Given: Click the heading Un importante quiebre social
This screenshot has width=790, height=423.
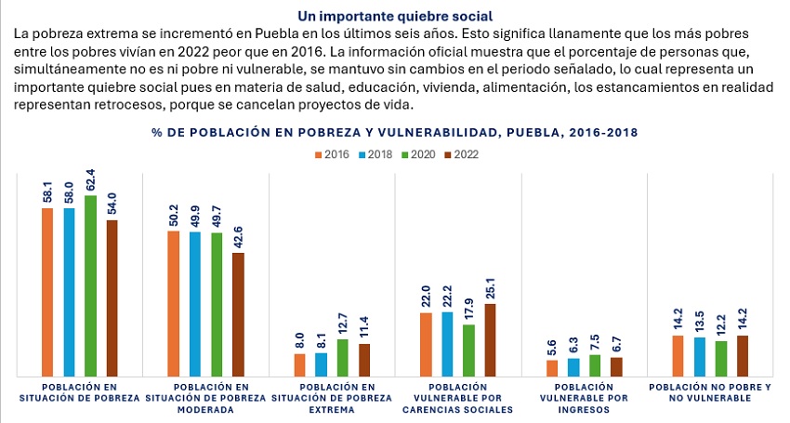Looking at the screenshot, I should tap(395, 16).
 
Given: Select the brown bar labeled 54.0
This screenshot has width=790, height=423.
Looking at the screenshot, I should tap(112, 297).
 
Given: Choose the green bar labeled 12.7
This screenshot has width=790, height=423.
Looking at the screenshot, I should tap(343, 358).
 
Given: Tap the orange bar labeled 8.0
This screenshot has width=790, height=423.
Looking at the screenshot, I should tap(300, 364).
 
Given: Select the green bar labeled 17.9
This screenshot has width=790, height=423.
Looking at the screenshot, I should tap(468, 350).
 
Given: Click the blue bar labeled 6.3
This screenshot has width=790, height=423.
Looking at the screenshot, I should tap(573, 367).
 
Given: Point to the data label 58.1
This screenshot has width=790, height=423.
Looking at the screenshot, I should tap(47, 192).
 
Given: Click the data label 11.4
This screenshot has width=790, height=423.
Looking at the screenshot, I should tap(364, 327).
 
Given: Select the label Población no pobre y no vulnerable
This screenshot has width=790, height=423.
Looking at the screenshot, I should tap(710, 391).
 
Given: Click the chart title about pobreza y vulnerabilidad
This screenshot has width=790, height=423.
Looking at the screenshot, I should tap(395, 133).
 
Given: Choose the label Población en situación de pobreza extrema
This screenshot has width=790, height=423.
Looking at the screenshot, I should tap(332, 397).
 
